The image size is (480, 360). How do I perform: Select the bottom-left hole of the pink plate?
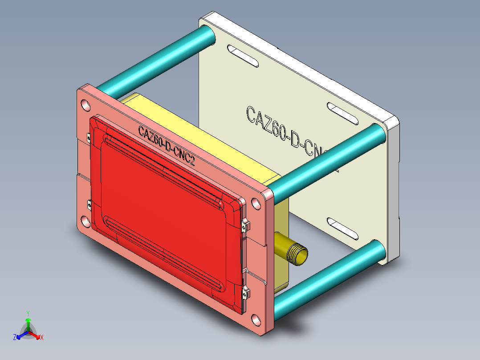coord(85,221)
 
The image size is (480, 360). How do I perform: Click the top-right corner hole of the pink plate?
coord(256,203)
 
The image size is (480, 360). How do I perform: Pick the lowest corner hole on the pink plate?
coord(256,320)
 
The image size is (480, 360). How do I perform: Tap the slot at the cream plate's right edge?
coord(342,114)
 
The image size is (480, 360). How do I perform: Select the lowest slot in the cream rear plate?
coord(342,228)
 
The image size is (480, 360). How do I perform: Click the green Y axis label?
coord(28,313)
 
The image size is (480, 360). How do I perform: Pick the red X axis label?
coord(42,338)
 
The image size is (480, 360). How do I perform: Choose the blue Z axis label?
coord(15,338)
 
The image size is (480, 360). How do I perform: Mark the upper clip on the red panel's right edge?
coord(244,225)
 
